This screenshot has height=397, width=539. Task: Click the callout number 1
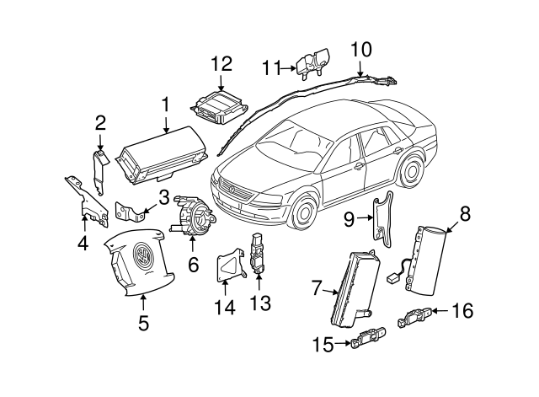(x=165, y=105)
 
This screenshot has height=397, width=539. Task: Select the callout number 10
(x=360, y=49)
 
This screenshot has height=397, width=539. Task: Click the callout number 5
(x=143, y=321)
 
